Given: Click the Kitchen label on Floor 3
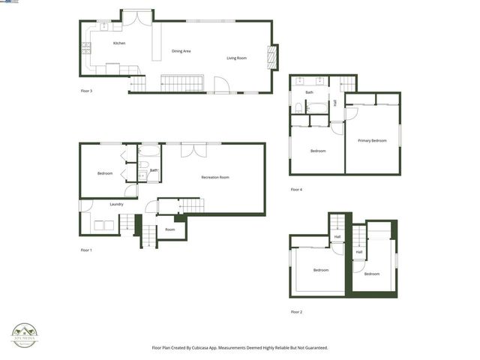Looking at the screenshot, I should click(119, 43).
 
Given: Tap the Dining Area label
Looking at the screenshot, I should click(181, 51).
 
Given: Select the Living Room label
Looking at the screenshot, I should click(237, 58).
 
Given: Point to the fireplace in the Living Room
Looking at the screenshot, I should click(272, 58).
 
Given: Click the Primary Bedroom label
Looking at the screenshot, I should click(372, 140).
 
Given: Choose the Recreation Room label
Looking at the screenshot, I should click(215, 177).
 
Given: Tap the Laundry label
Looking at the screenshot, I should click(116, 204).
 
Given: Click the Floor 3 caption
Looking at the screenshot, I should click(86, 91).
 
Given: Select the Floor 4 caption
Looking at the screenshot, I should click(296, 190).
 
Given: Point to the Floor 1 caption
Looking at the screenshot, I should click(86, 250).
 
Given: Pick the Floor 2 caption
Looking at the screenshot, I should click(296, 311).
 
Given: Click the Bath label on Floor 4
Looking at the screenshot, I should click(309, 92).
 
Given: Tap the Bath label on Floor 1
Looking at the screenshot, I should click(154, 170).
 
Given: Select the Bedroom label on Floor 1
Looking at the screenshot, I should click(105, 173).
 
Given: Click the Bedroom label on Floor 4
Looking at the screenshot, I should click(318, 151).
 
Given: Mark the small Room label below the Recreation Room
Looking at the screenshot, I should click(170, 229).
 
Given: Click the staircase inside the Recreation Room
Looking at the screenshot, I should click(190, 205).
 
